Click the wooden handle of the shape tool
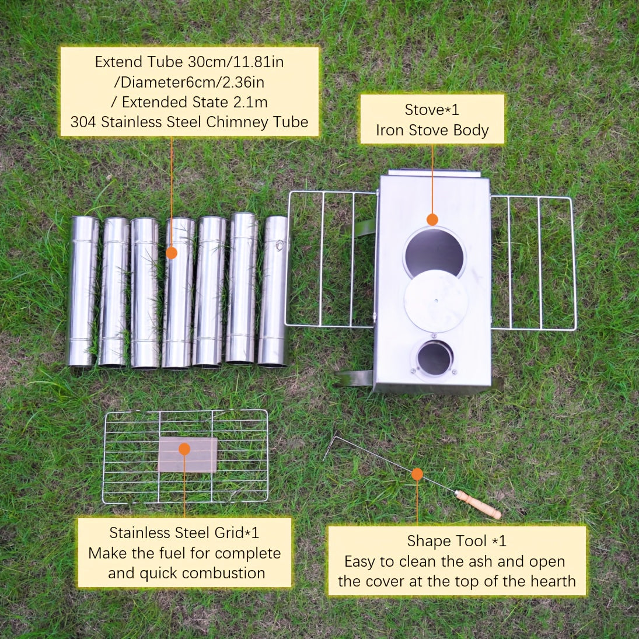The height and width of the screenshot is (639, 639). coord(478,505)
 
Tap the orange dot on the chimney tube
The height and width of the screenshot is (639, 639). coord(172,253)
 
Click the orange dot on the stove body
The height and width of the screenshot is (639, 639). coord(432,219)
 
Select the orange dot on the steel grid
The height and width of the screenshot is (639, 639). coord(184,449)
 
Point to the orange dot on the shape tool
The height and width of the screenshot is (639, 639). coord(417,474)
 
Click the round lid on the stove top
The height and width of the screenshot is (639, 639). coord(435,301)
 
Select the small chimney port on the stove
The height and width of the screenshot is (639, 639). coord(435,358)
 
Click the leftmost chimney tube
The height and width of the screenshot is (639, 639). coord(83,291)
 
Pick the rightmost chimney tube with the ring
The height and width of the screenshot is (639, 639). coord(274,291)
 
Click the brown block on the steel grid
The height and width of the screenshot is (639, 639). coord(188,455)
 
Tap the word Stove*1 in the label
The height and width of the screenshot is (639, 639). coord(432,109)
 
